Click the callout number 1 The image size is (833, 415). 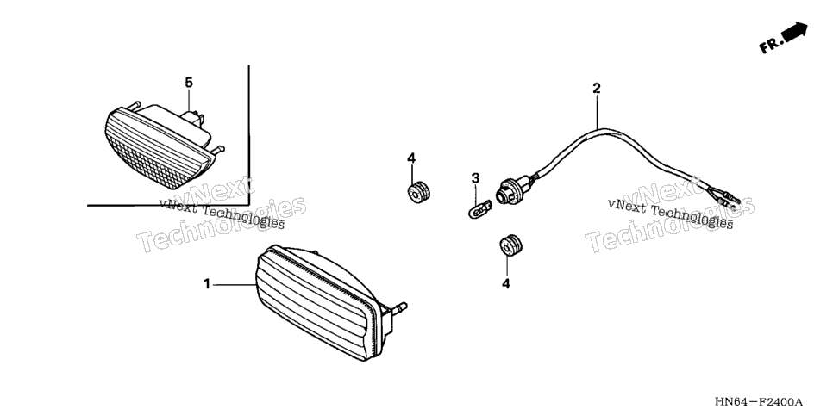207,284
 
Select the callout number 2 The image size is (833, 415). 597,88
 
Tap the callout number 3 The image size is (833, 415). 475,177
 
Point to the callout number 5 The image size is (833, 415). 189,83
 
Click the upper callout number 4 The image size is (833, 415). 411,158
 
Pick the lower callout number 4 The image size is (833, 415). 505,284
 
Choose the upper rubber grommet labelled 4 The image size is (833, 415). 418,192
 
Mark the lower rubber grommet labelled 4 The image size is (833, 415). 510,244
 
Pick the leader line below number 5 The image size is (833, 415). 189,102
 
